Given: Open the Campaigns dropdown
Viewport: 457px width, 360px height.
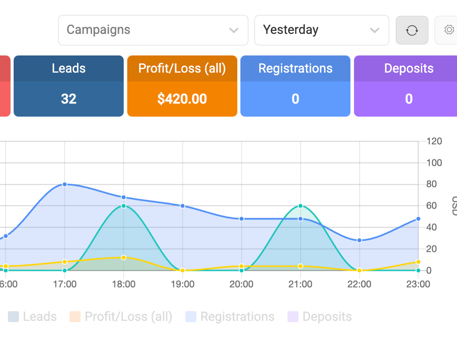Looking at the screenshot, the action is (153, 30).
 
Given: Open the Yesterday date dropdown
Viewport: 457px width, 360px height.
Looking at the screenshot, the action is (321, 30).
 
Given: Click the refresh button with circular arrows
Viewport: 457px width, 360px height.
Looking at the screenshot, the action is (412, 30).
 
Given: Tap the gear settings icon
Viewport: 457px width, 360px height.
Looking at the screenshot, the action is (449, 30).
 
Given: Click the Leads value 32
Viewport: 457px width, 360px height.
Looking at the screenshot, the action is (69, 99).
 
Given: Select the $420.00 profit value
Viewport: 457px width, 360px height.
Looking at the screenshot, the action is (182, 99).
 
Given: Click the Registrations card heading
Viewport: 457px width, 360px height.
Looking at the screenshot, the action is (295, 69).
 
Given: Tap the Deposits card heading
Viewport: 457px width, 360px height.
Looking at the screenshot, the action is (409, 69).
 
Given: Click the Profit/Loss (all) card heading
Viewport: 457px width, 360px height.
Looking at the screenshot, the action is (182, 69).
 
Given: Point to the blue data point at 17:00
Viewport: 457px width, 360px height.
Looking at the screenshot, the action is (65, 184).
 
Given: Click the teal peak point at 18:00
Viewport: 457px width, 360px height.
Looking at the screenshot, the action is (124, 206).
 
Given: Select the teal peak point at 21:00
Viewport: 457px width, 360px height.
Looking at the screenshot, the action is (301, 206).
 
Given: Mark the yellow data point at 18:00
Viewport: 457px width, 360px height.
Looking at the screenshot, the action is (124, 257).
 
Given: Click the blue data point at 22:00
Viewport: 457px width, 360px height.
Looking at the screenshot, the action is (359, 240).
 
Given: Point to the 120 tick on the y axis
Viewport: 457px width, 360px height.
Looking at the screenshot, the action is (434, 141).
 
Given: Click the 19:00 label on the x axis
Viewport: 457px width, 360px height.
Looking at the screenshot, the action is (182, 284).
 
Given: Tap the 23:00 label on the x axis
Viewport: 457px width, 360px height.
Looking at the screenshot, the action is (418, 284).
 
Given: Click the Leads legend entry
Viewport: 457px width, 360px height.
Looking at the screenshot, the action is (32, 316).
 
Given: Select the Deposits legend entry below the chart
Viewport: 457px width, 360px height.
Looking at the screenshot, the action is (320, 316).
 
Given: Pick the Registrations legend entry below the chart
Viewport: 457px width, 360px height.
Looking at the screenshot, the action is (230, 316).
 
